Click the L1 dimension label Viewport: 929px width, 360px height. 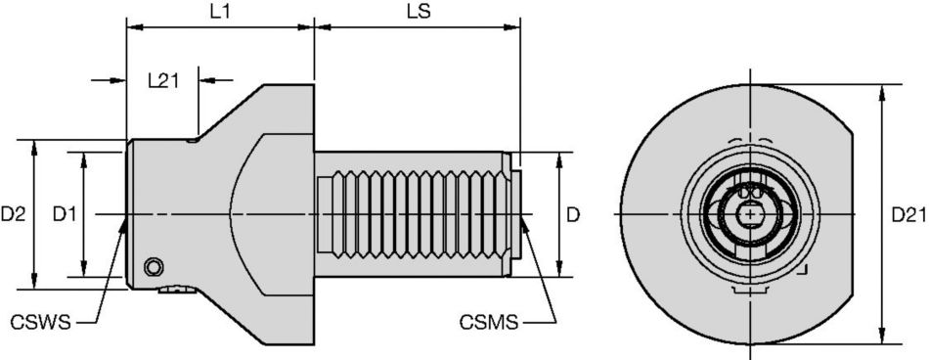pyautogui.click(x=220, y=13)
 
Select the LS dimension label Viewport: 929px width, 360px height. pyautogui.click(x=419, y=13)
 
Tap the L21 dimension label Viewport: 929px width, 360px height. pyautogui.click(x=163, y=80)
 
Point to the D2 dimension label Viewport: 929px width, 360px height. pyautogui.click(x=13, y=214)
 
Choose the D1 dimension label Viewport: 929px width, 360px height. pyautogui.click(x=64, y=214)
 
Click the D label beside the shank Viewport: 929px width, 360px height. pyautogui.click(x=573, y=214)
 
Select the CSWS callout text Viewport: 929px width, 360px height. pyautogui.click(x=40, y=323)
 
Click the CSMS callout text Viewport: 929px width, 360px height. pyautogui.click(x=489, y=323)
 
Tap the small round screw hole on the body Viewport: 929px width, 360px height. pyautogui.click(x=155, y=267)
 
